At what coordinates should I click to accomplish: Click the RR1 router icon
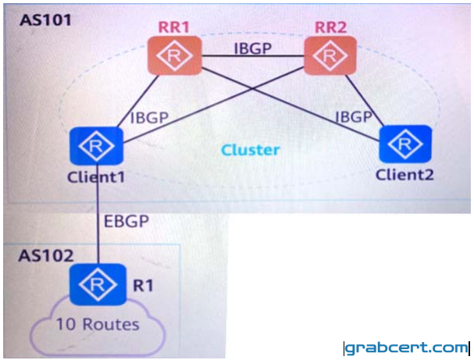tap(174, 55)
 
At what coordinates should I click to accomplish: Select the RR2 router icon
tap(330, 55)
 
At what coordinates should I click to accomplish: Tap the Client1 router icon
tap(96, 146)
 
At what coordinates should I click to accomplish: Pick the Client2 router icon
tap(405, 144)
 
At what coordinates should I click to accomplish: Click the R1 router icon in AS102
tap(98, 284)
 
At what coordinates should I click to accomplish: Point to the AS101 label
tap(45, 20)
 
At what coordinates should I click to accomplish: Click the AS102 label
tap(46, 255)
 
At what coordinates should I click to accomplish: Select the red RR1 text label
tap(174, 27)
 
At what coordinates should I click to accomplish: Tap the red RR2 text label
tap(331, 27)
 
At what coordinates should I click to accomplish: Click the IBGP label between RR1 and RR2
tap(253, 48)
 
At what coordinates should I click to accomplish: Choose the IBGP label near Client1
tap(149, 118)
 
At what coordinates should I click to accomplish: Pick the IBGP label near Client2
tap(353, 116)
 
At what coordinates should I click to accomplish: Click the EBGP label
tap(127, 221)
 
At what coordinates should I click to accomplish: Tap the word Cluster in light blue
tap(251, 150)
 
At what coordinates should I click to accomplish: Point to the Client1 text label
tap(96, 176)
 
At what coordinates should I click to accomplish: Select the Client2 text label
tap(405, 175)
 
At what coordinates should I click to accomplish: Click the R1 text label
tap(143, 286)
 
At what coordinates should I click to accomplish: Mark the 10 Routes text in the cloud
tap(98, 325)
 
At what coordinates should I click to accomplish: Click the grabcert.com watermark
tap(406, 348)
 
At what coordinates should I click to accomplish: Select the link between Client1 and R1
tap(98, 214)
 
